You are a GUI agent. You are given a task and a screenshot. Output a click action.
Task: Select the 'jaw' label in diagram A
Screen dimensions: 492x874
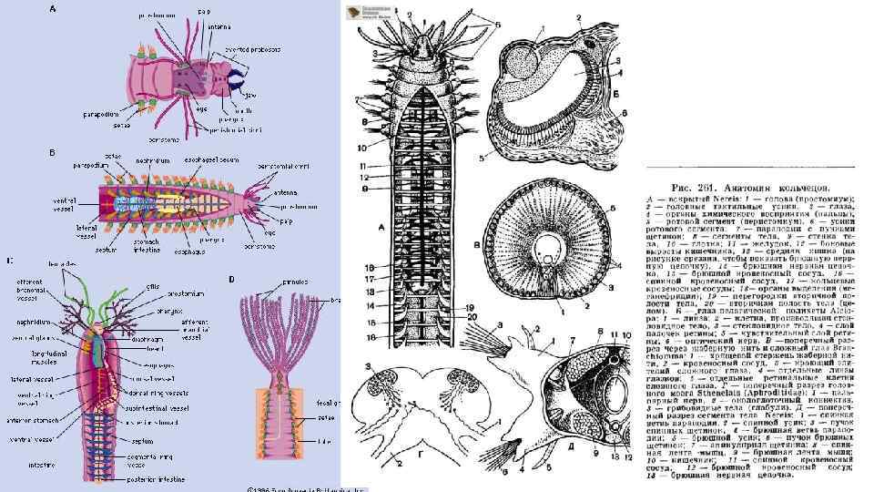(x=248, y=92)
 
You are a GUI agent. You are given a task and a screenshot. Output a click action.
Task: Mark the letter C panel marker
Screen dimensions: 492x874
(x=9, y=261)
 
